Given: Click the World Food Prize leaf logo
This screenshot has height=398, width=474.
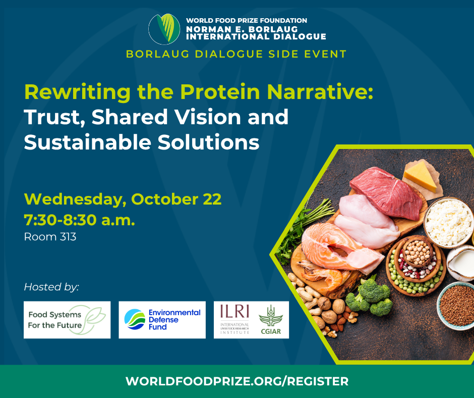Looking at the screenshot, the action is (164, 29).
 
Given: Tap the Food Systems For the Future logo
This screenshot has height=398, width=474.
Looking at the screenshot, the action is (67, 320).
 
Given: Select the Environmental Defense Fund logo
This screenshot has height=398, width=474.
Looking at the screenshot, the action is (162, 320).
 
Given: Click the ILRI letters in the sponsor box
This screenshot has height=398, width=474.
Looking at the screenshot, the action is (234, 312).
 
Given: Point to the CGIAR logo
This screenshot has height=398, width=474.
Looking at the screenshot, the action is (271, 320).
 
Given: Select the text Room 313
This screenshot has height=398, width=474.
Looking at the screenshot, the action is (50, 236).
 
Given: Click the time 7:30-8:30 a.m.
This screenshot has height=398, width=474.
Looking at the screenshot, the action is (80, 220).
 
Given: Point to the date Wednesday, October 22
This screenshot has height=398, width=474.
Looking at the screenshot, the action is (123, 199).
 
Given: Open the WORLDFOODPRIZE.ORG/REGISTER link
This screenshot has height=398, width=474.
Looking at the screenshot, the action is (237, 381).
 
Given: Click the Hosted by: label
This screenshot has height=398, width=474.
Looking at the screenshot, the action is (51, 286).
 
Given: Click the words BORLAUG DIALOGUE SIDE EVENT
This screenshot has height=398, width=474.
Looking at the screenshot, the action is (236, 54).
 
